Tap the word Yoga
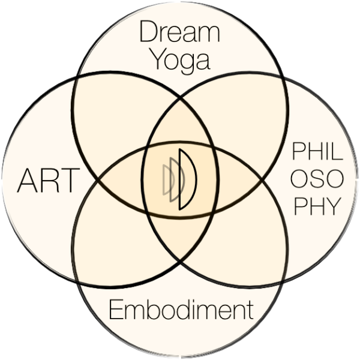click(x=181, y=61)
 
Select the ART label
click(x=49, y=181)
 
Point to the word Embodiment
click(x=181, y=310)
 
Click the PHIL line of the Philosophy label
click(x=317, y=151)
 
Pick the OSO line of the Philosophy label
click(x=317, y=179)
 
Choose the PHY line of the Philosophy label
click(x=317, y=206)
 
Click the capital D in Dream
click(x=149, y=31)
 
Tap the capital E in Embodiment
click(x=116, y=310)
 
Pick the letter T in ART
click(x=71, y=181)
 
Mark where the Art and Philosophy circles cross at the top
click(x=180, y=99)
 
